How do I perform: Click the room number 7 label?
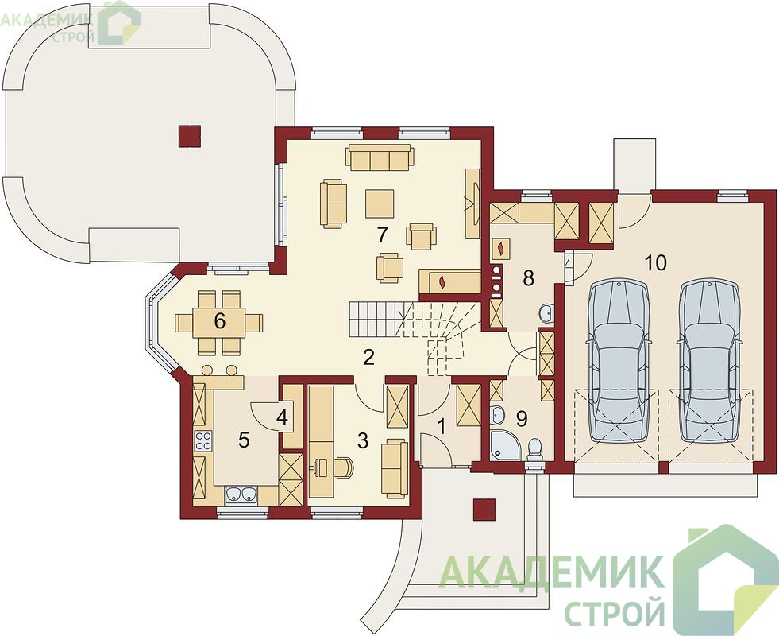381,235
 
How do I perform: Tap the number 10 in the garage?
656,262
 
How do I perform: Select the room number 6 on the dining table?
220,321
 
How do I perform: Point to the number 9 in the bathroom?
521,419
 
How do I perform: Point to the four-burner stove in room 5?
203,440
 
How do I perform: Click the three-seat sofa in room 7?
380,157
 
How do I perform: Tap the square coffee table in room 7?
380,204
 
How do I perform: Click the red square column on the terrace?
190,136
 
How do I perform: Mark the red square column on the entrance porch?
484,510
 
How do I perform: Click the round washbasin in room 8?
546,312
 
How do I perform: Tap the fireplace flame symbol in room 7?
442,283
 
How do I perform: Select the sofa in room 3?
395,469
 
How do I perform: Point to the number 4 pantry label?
282,417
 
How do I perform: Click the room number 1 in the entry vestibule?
441,426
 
